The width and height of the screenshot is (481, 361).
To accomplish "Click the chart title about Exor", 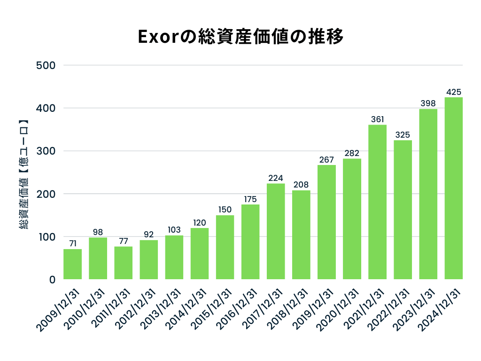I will [240, 37].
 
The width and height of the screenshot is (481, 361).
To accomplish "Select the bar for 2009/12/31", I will [72, 264].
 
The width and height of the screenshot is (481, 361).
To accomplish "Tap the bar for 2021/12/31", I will [377, 202].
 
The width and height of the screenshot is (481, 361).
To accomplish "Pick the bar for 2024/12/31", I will [454, 188].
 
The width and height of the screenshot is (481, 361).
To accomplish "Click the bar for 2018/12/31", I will [301, 235].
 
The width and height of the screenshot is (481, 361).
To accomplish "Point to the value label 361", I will [377, 119].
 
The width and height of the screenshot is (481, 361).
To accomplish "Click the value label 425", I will [454, 92].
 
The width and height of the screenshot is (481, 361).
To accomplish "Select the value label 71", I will [72, 243].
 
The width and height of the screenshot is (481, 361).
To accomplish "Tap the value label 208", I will [301, 185].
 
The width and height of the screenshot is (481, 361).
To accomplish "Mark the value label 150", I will [225, 210].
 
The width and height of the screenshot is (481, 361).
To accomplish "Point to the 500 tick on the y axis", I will [46, 65].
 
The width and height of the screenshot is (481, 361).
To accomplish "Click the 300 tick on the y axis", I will [46, 151].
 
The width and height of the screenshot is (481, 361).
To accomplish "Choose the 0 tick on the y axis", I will [52, 280].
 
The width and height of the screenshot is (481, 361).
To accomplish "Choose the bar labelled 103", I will [174, 258].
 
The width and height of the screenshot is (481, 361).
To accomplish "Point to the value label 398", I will [428, 103].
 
